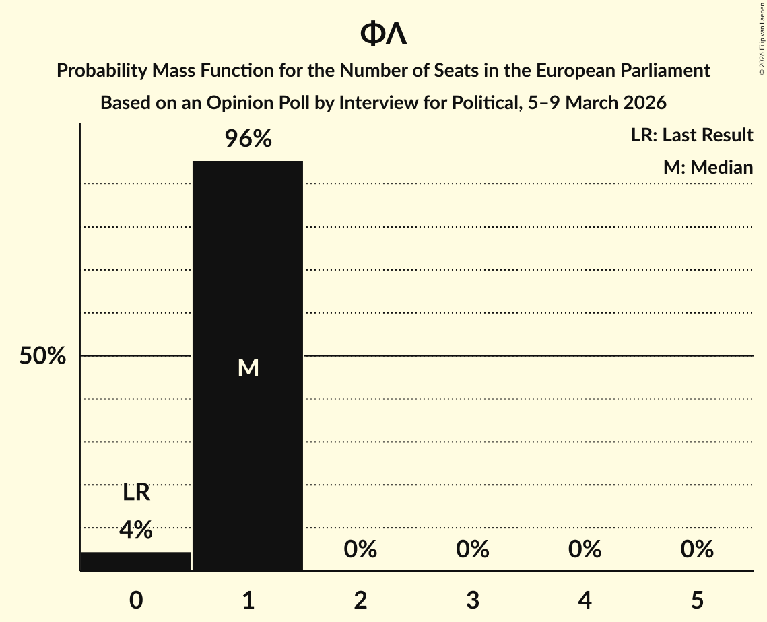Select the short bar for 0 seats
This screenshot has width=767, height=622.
136,561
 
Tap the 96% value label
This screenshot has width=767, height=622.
248,139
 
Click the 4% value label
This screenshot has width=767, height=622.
136,530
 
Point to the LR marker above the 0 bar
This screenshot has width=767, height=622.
136,493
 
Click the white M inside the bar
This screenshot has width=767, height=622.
248,368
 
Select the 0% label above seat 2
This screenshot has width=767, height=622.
360,549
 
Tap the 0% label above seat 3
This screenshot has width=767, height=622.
472,549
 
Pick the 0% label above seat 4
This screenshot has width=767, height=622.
585,549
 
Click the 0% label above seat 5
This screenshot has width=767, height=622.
696,549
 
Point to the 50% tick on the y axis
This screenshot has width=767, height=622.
42,356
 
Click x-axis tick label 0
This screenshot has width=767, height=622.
136,600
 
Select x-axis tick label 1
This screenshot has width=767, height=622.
248,600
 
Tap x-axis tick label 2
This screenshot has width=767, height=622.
360,600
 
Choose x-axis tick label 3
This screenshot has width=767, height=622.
472,600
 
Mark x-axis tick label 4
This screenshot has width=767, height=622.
585,600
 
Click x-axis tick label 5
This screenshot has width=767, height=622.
696,600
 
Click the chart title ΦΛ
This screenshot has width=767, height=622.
383,34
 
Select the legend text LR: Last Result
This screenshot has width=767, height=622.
692,135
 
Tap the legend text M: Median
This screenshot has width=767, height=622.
708,167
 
